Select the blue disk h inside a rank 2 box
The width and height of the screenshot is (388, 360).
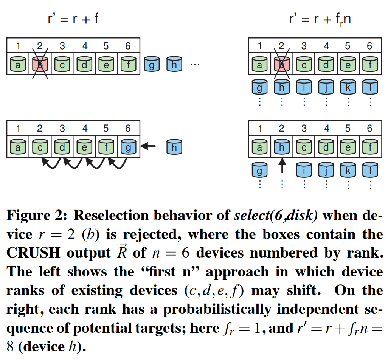pos(281,147)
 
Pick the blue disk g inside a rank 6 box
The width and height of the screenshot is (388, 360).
pos(128,147)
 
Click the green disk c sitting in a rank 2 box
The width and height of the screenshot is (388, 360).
pos(40,147)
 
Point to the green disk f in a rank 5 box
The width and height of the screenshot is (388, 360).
pos(106,147)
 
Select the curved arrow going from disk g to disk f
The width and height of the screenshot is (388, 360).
pos(118,163)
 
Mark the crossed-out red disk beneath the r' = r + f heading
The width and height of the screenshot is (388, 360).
pos(40,64)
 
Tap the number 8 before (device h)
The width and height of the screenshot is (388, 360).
pos(11,346)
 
